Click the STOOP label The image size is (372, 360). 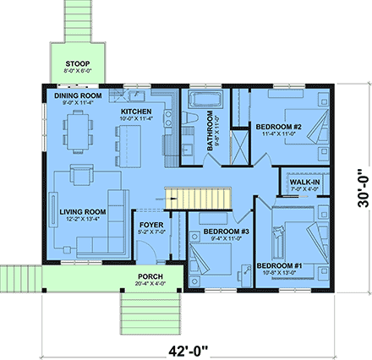79,63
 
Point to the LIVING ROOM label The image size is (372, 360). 83,211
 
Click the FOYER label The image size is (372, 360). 150,226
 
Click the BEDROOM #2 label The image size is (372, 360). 279,127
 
